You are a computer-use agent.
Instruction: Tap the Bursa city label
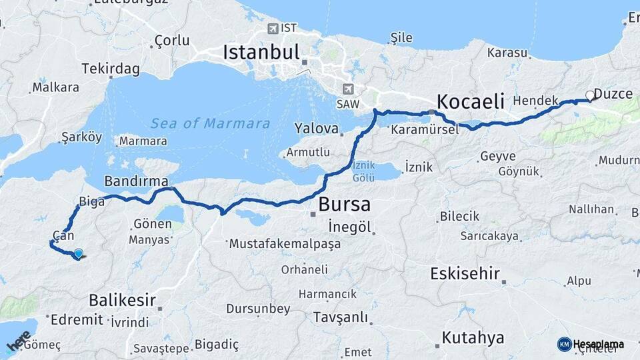[344, 204]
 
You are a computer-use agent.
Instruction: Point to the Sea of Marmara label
[210, 123]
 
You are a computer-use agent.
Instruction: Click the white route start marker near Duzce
[589, 95]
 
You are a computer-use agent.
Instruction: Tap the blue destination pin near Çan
[79, 253]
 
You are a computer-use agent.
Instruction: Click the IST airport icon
[273, 28]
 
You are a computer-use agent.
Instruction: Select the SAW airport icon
[347, 89]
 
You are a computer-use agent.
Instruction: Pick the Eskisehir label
[465, 273]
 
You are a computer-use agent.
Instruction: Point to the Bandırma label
[136, 181]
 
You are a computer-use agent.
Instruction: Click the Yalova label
[317, 128]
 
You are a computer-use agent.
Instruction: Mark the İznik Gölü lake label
[363, 170]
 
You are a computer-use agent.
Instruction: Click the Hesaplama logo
[591, 344]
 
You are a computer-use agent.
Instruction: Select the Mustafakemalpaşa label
[285, 244]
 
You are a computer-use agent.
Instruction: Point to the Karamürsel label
[425, 129]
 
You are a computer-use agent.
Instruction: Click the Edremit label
[77, 319]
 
